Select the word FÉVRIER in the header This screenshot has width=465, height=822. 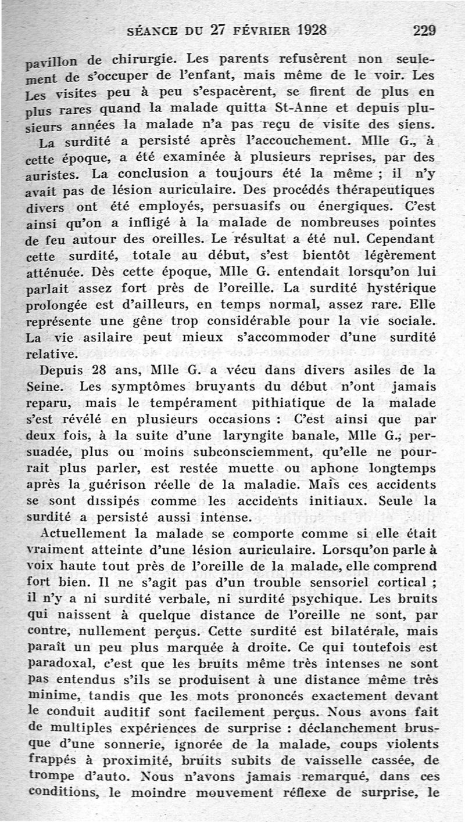254,30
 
